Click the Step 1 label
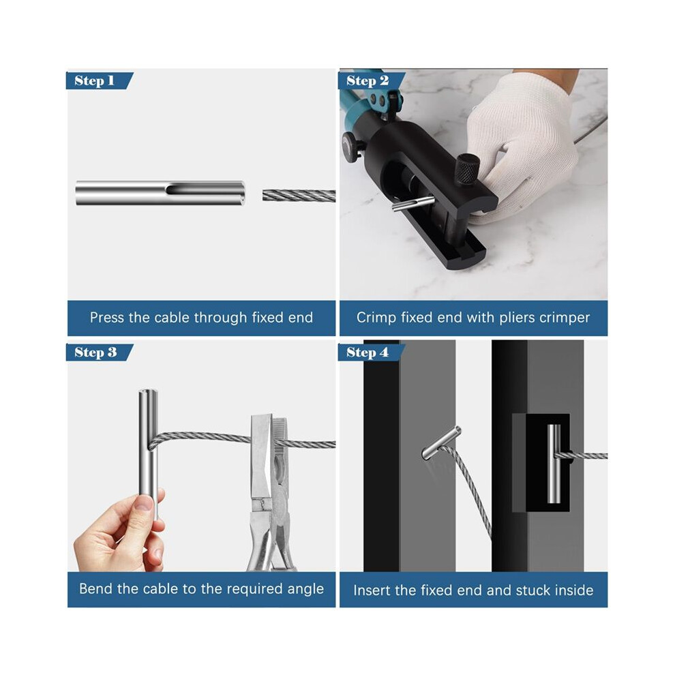coord(95,80)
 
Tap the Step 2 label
coord(367,80)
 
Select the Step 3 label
coord(95,352)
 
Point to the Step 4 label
coord(367,352)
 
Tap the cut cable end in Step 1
coord(264,196)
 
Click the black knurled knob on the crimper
coord(468,168)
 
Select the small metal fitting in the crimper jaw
coord(412,203)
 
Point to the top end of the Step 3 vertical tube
coord(149,392)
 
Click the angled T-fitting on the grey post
coord(441,443)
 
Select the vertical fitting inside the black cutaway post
coord(554,464)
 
